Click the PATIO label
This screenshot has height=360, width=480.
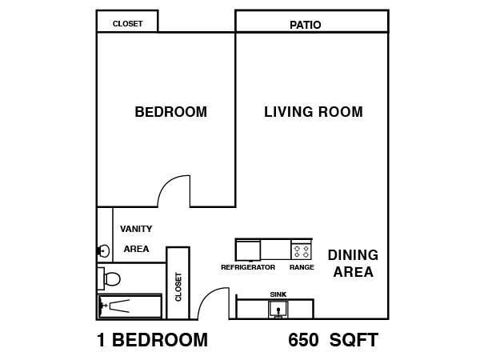point(306,25)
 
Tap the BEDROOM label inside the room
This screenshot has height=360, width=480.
point(171,112)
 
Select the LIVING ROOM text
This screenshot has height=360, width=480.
point(314,112)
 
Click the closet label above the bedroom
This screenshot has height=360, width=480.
point(127,23)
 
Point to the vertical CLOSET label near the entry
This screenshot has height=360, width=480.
point(178,287)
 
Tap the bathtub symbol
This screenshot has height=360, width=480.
point(130,306)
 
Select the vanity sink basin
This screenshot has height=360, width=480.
point(103,251)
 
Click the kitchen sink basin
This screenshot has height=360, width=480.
point(278,309)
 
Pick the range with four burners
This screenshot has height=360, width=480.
point(302,250)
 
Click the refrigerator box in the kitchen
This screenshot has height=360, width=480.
point(248,250)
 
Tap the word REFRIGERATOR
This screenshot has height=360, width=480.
point(248,267)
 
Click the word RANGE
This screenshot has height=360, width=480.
point(302,267)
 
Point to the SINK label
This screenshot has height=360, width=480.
point(278,294)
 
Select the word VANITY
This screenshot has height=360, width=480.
point(136,229)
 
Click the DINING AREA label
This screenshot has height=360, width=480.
point(353,263)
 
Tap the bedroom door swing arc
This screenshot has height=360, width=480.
point(168,183)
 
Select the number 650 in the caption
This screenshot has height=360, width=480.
point(303,340)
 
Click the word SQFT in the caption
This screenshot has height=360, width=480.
point(354,340)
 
